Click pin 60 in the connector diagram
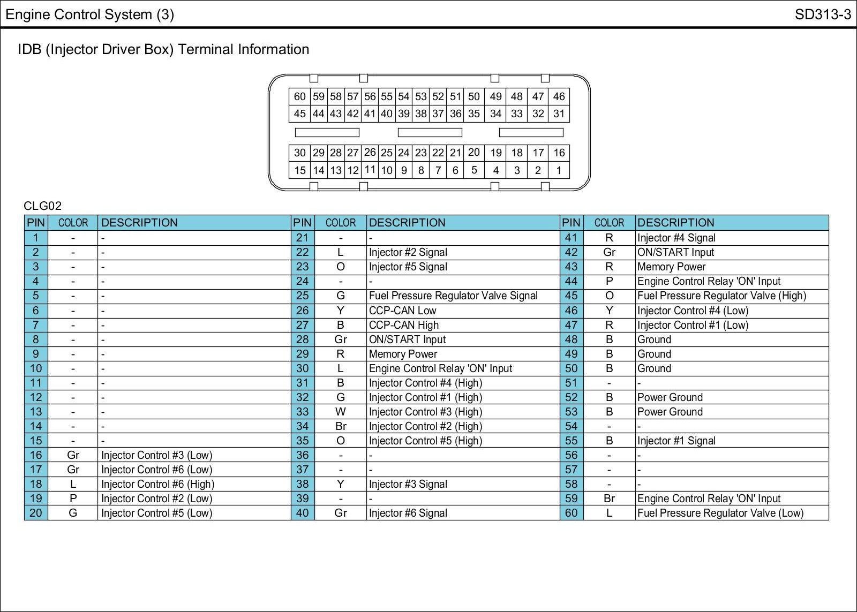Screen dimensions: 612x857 (x=299, y=96)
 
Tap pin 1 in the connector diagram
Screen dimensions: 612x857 (x=559, y=170)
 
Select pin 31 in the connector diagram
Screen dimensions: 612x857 (x=559, y=114)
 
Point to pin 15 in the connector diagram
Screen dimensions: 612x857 (x=299, y=170)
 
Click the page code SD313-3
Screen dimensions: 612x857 (x=823, y=14)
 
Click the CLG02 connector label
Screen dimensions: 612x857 (x=42, y=206)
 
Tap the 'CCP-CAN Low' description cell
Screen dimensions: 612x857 (x=402, y=311)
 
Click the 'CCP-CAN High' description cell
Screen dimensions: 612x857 (x=403, y=325)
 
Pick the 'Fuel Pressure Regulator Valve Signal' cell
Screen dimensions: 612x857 (x=453, y=296)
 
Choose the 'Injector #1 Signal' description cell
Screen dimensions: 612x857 (x=676, y=441)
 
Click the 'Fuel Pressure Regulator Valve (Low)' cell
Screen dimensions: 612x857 (x=720, y=513)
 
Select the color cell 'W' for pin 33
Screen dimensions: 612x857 (x=340, y=412)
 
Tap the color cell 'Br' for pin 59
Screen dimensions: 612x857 (x=609, y=498)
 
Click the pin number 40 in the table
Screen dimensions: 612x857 (x=303, y=513)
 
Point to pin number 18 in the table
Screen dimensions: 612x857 (x=36, y=484)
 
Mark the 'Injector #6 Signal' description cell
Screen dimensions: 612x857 (x=408, y=513)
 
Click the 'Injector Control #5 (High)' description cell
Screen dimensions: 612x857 (x=425, y=441)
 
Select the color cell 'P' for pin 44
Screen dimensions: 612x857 (x=609, y=281)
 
